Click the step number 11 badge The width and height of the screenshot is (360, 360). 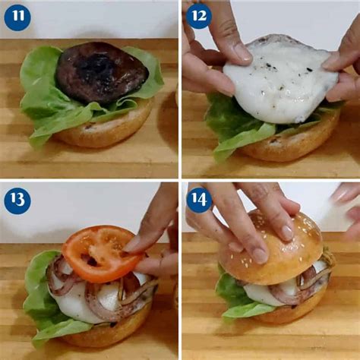click(17, 17)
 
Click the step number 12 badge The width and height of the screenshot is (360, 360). click(198, 16)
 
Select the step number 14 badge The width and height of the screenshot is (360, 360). click(199, 201)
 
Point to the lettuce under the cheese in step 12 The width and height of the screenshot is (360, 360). click(228, 125)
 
